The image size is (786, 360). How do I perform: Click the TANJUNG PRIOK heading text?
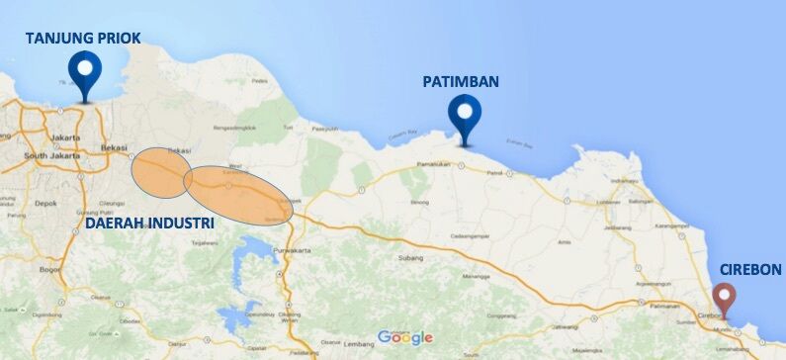83,39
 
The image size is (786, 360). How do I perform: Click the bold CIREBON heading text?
749,269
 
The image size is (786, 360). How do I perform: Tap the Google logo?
404,338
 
